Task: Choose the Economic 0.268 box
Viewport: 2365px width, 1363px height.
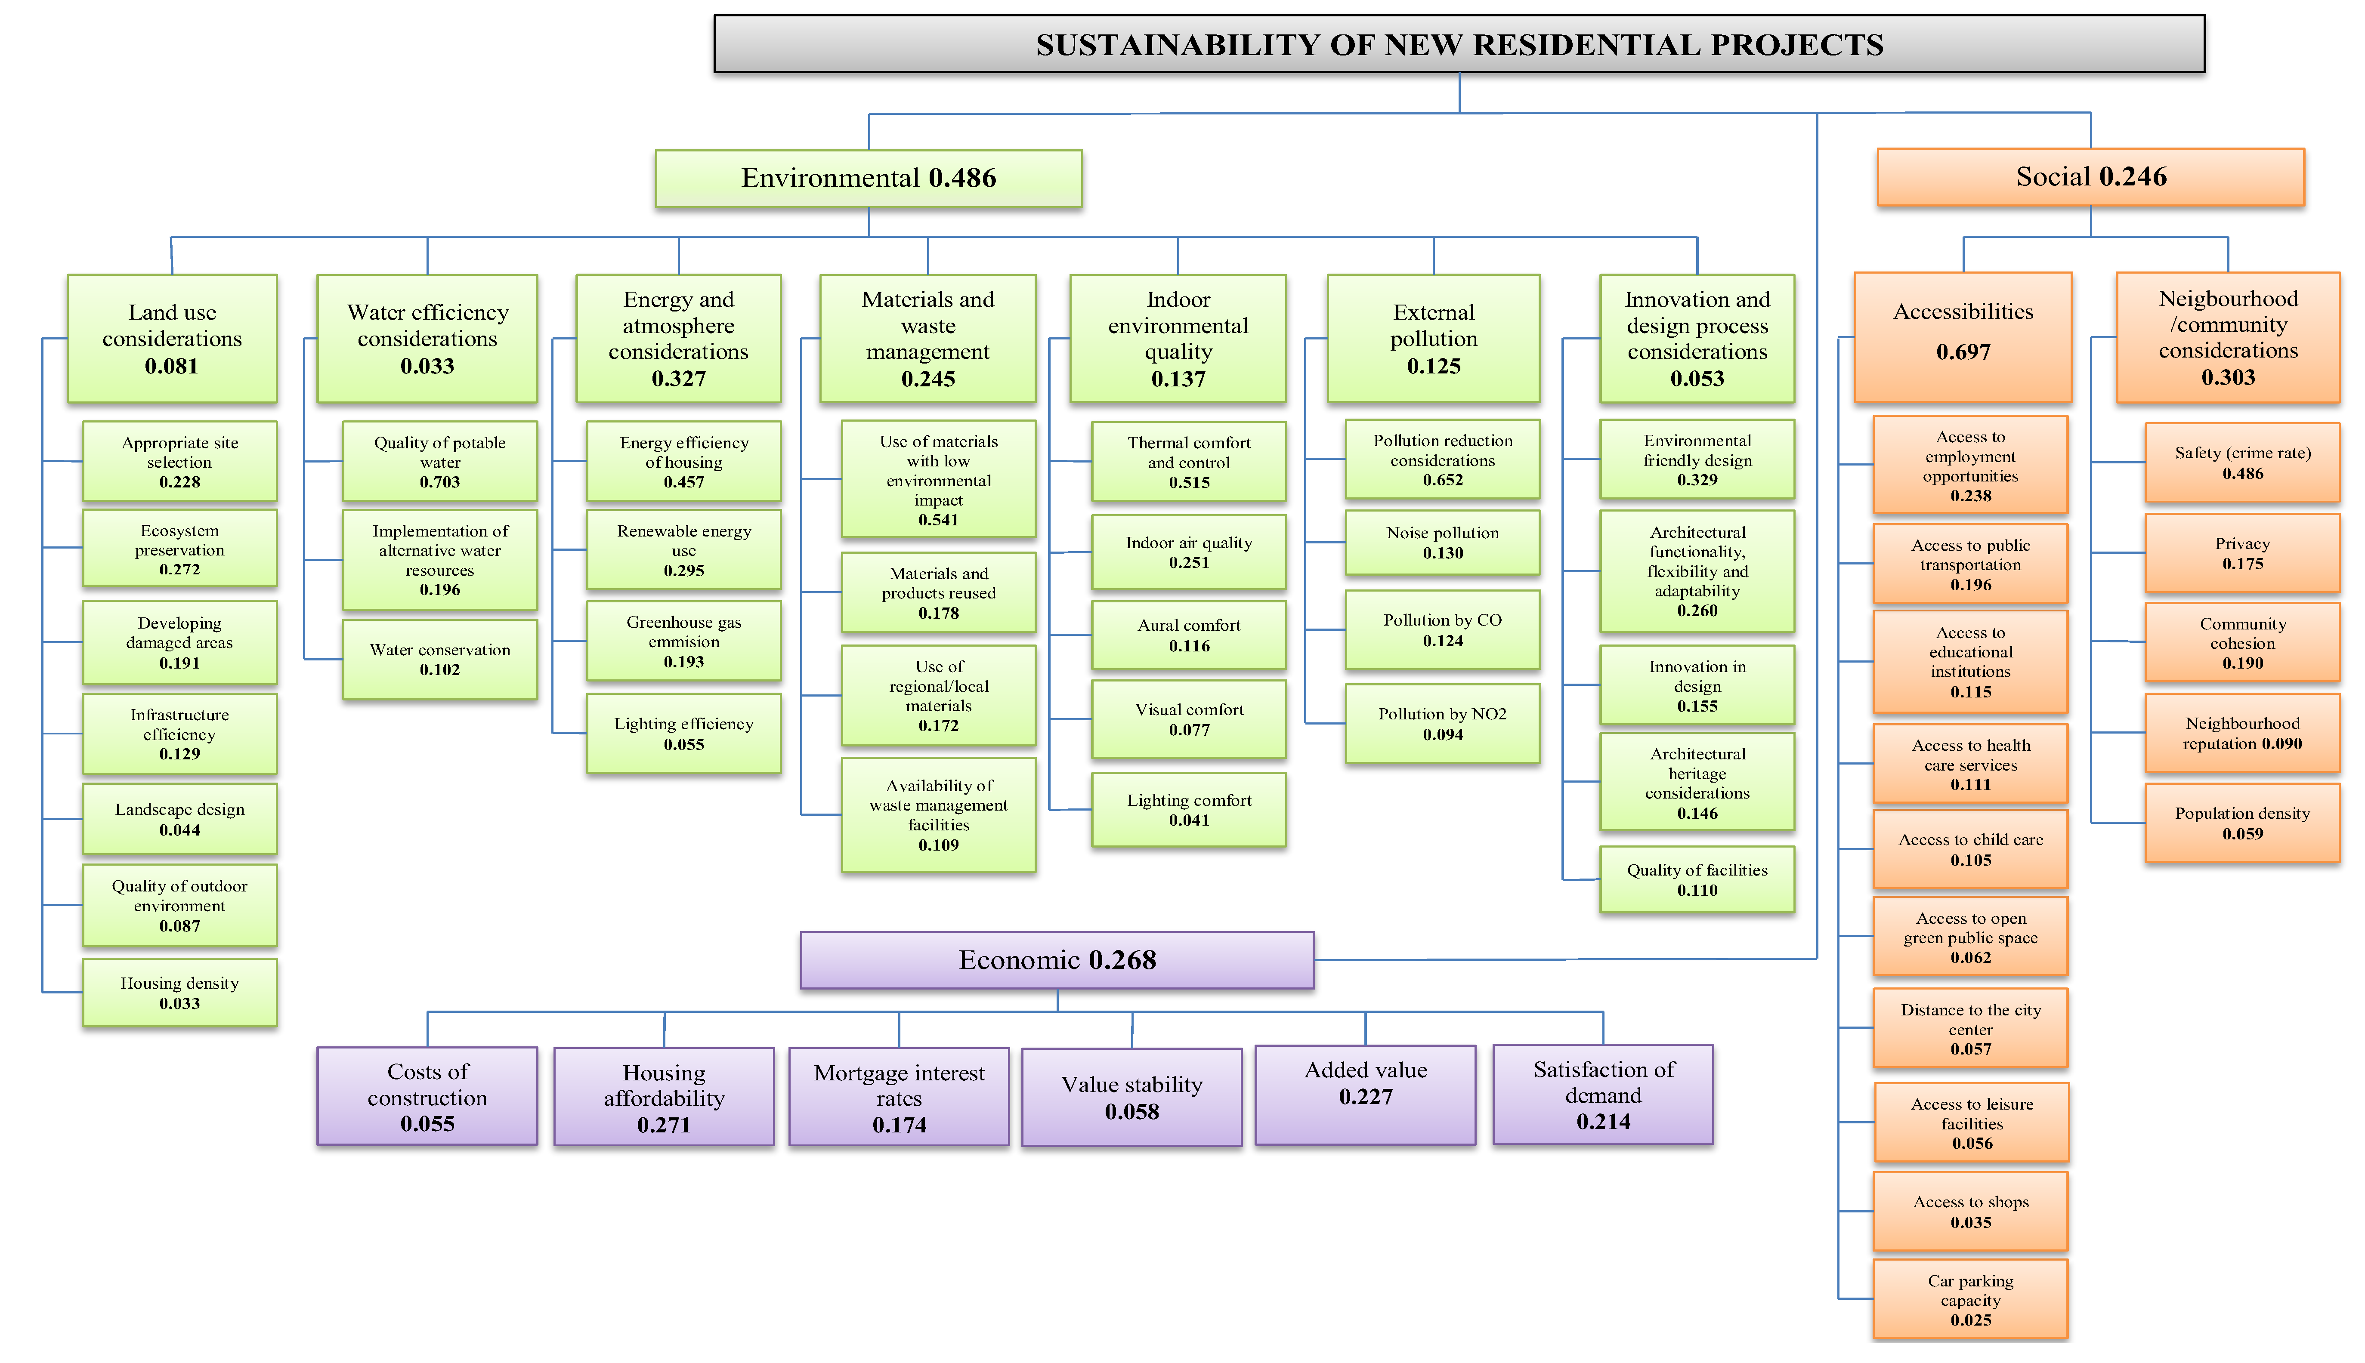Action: (1057, 959)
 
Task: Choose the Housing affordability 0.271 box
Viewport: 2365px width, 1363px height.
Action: (664, 1097)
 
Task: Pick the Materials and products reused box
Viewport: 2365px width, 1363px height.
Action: (938, 592)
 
